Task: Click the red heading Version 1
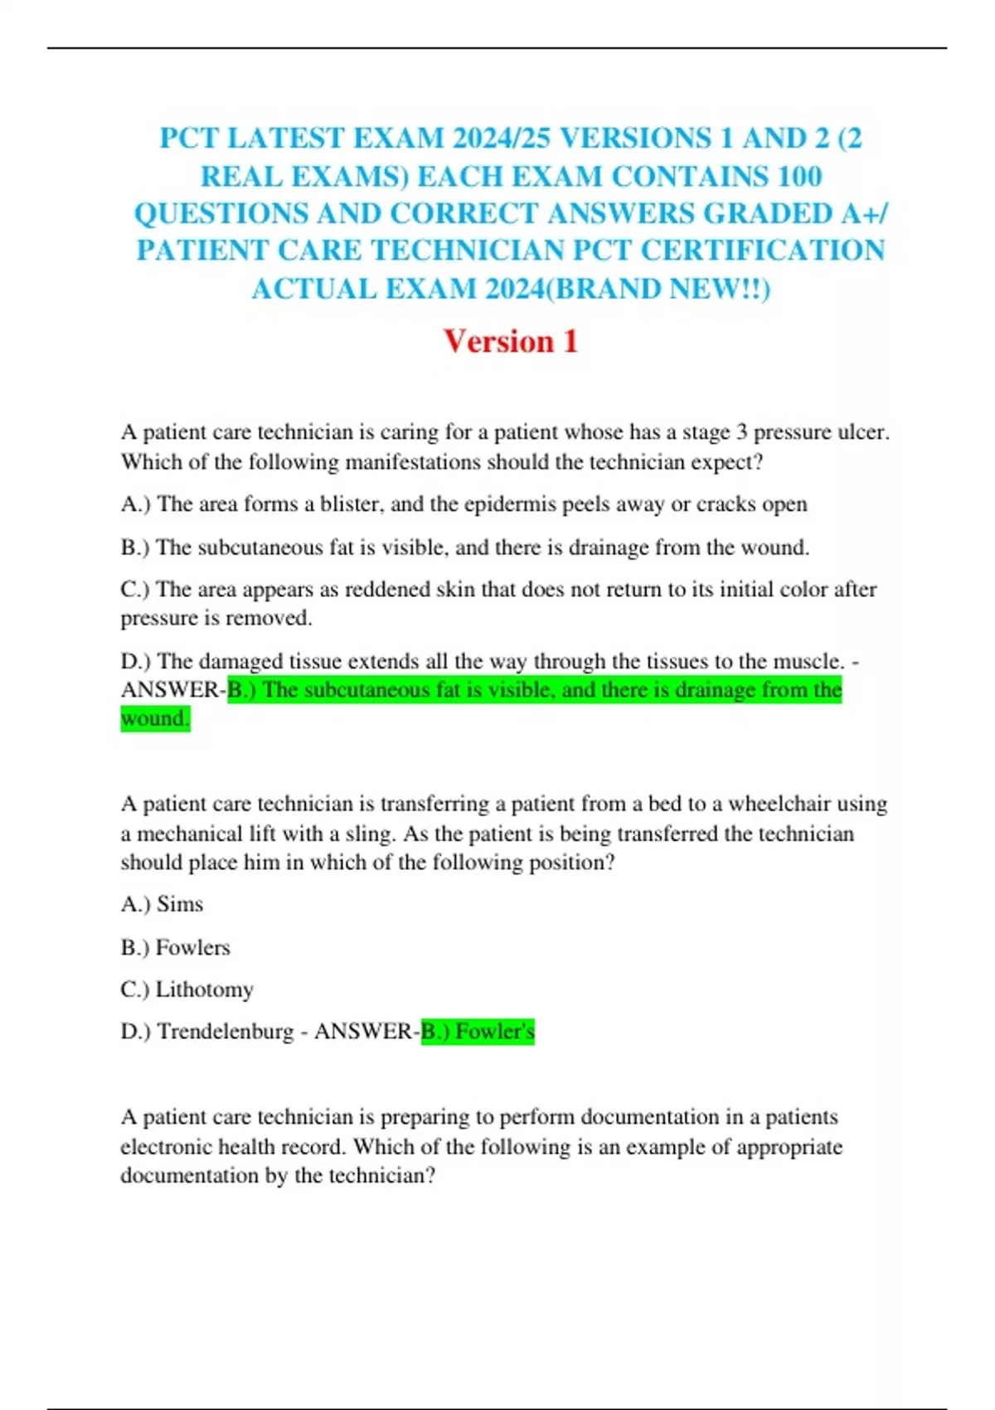tap(510, 341)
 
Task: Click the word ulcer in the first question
tap(864, 432)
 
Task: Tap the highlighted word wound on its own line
tap(154, 718)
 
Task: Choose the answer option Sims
tap(180, 904)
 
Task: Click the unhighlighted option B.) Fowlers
tap(176, 947)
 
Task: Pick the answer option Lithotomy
tap(204, 989)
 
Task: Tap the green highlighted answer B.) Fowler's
tap(478, 1032)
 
